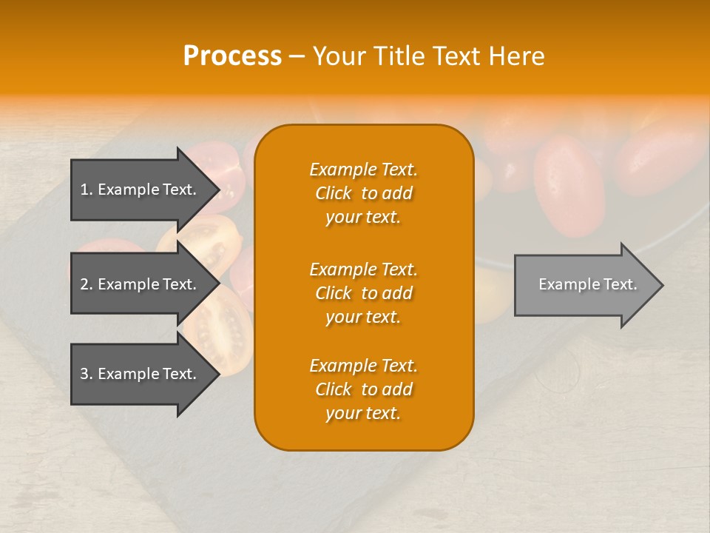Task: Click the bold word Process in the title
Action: pyautogui.click(x=232, y=56)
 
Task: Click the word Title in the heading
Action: pyautogui.click(x=399, y=56)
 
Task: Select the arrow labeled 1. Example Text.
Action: pyautogui.click(x=141, y=190)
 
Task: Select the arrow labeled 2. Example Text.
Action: pyautogui.click(x=141, y=284)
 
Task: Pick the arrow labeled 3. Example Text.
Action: pyautogui.click(x=141, y=374)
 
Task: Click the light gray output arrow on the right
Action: pyautogui.click(x=584, y=285)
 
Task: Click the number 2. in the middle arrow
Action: pyautogui.click(x=87, y=284)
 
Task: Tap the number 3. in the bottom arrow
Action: pyautogui.click(x=87, y=374)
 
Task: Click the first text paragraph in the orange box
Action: pyautogui.click(x=363, y=193)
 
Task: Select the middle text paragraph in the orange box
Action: pyautogui.click(x=363, y=293)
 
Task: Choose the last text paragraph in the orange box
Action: pyautogui.click(x=363, y=389)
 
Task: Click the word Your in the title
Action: pyautogui.click(x=341, y=56)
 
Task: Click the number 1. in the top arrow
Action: pyautogui.click(x=87, y=190)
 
